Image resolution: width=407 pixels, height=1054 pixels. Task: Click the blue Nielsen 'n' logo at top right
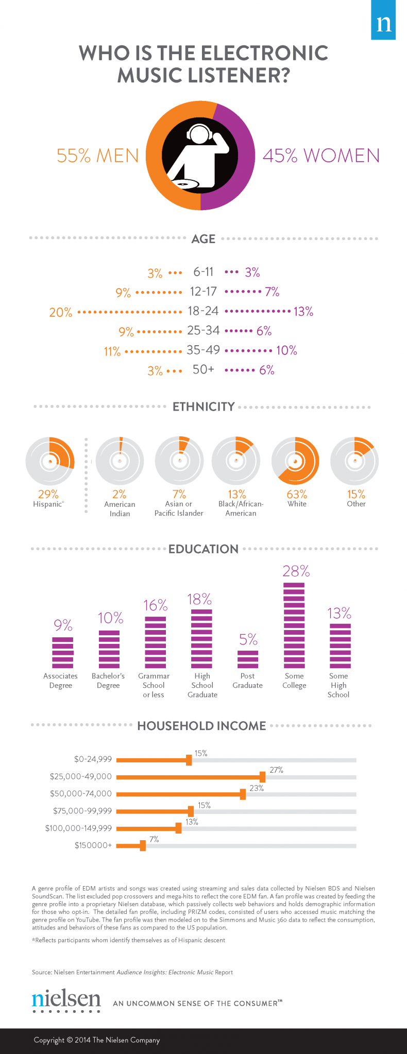coord(384,20)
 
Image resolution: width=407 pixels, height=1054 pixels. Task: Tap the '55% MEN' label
coord(97,156)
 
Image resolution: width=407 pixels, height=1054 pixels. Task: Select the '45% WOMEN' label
coord(321,156)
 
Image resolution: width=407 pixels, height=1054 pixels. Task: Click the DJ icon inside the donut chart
coord(200,156)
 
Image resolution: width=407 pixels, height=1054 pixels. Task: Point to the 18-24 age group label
coord(203,311)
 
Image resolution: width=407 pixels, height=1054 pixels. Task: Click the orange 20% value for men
coord(61,312)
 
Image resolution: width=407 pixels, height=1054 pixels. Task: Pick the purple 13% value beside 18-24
coord(303,311)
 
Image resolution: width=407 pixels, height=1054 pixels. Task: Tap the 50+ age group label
coord(203,370)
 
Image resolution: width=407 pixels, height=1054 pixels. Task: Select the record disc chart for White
coord(296,461)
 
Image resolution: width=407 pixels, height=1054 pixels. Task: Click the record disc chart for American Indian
coord(120,461)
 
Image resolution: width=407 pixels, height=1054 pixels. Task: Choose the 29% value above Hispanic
coord(48,494)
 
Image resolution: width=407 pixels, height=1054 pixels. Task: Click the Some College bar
coord(294,625)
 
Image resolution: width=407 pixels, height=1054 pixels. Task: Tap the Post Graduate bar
coord(248,659)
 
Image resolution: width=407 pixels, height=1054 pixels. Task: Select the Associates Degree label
coord(61,681)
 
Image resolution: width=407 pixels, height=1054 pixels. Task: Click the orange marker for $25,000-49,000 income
coord(262,777)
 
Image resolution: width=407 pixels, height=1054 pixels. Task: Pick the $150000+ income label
coord(93,845)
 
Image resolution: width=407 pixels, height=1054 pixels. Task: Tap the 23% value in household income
coord(257,788)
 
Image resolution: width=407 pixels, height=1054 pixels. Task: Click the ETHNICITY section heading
coord(203,407)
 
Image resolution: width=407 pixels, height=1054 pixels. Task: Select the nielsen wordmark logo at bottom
coord(66,1000)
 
